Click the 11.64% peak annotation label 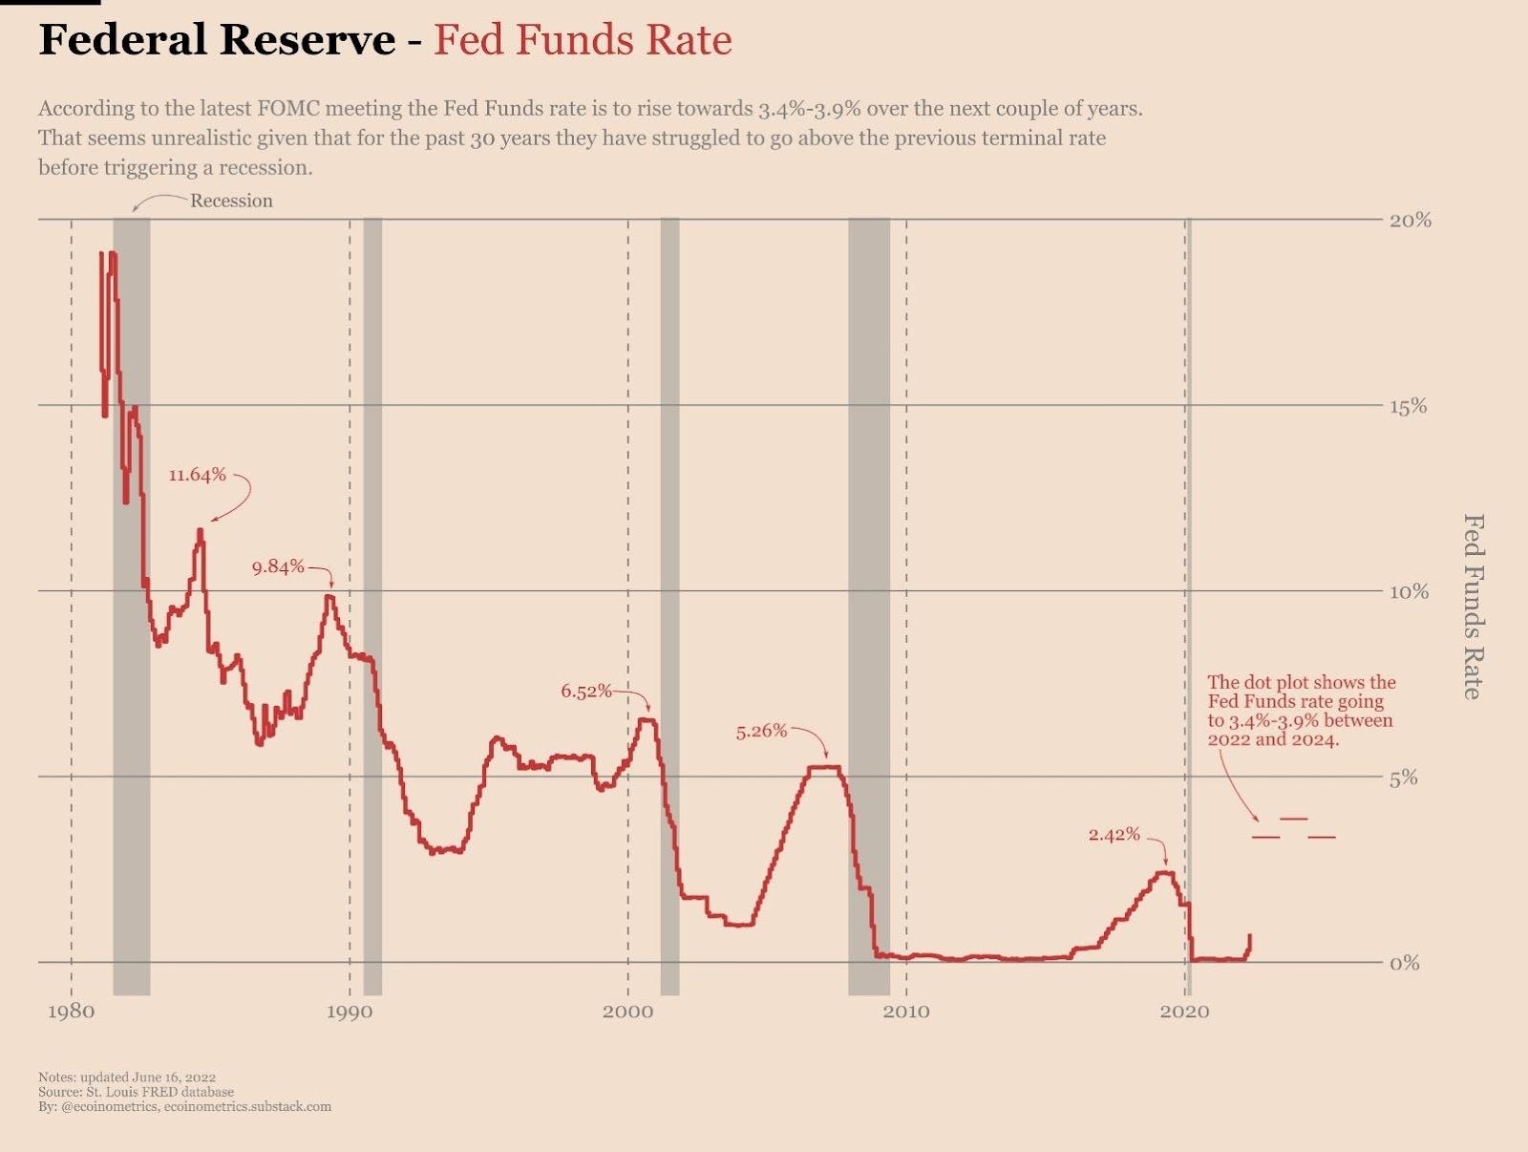[197, 475]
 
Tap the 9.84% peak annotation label [278, 566]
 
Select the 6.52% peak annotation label [586, 691]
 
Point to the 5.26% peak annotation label [761, 732]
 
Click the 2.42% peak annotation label [1114, 834]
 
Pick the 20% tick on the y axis [1410, 220]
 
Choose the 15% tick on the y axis [1410, 406]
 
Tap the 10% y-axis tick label [1410, 591]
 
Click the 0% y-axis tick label [1405, 963]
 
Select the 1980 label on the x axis [71, 1012]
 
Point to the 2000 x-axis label [627, 1012]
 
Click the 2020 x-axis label [1184, 1012]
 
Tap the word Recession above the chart [231, 201]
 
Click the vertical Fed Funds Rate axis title [1474, 607]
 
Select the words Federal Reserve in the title [217, 40]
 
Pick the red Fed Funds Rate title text [583, 40]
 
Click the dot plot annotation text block [1301, 711]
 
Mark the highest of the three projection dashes [1294, 819]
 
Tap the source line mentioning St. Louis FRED [136, 1092]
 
